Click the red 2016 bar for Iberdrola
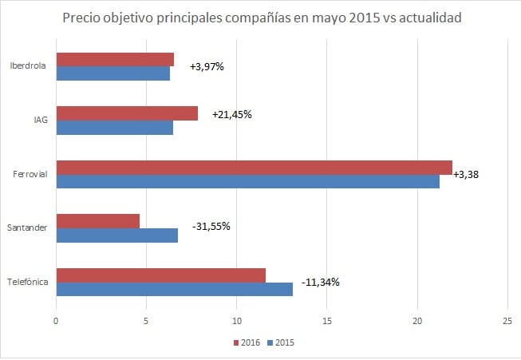click(115, 59)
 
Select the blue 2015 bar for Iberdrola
click(112, 73)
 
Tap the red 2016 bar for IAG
click(127, 113)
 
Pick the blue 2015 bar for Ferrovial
click(247, 182)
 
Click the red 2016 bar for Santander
click(97, 221)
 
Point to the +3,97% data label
click(207, 66)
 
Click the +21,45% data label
click(232, 114)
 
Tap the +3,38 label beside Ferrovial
click(466, 175)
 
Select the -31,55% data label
click(211, 226)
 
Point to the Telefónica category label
click(28, 283)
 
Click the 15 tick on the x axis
click(326, 321)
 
